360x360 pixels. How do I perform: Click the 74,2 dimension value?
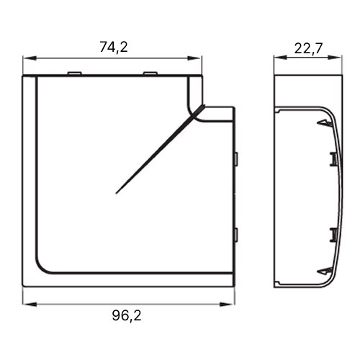coord(114,47)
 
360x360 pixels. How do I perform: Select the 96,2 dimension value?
coord(127,315)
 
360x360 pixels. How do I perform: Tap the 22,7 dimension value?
coord(309,49)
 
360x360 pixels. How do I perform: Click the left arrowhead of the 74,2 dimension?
coord(30,58)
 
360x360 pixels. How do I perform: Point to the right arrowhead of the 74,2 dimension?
coord(194,58)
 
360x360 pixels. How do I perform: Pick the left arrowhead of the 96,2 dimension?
coord(30,305)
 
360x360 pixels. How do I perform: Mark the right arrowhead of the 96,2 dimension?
coord(227,305)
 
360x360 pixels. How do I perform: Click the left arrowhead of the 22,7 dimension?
coord(281,57)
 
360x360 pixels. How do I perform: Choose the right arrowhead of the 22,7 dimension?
coord(334,57)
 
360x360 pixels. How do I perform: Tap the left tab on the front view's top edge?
coord(74,73)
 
